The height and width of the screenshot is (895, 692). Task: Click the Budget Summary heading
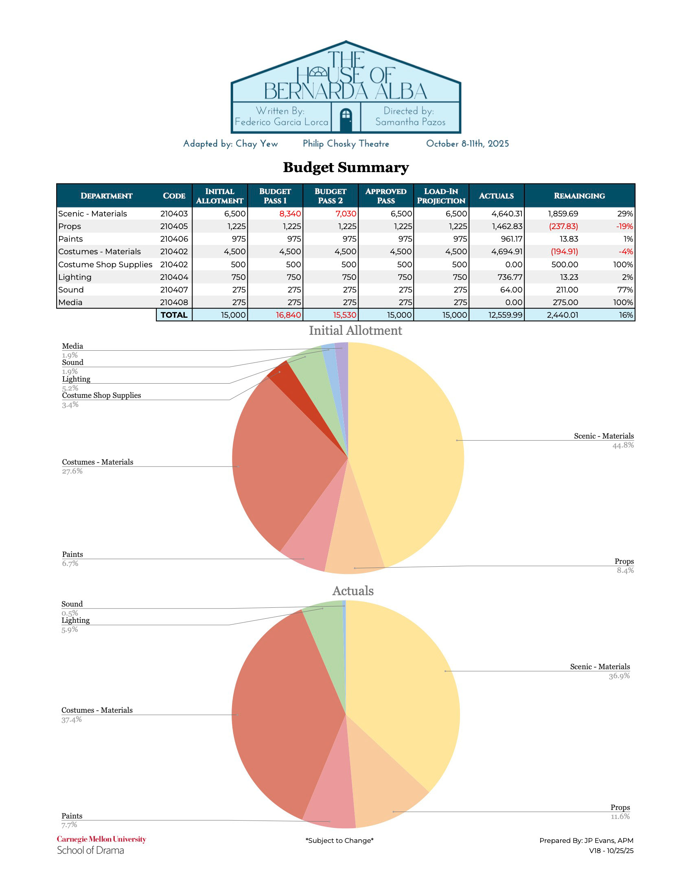click(x=346, y=167)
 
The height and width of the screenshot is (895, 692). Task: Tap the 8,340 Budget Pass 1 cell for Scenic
click(x=290, y=214)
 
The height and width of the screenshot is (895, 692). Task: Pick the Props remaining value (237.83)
click(x=563, y=226)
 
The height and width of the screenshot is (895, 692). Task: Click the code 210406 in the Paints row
click(x=174, y=239)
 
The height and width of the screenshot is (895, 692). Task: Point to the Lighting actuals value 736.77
click(x=510, y=277)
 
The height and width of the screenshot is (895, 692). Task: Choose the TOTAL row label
click(x=174, y=315)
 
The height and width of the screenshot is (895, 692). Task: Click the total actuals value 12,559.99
click(x=505, y=315)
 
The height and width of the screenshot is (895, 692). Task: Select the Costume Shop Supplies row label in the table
click(x=105, y=264)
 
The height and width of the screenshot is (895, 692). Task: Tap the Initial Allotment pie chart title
click(x=355, y=330)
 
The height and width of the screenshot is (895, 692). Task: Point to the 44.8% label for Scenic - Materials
click(x=623, y=445)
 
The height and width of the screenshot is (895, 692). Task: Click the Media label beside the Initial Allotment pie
click(x=72, y=346)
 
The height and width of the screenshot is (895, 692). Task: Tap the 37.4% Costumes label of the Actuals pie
click(x=72, y=720)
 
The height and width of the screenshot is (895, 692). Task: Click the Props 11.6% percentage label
click(x=620, y=817)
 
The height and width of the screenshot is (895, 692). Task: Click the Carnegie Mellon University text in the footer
click(x=101, y=839)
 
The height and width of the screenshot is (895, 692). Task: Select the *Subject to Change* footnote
click(x=339, y=840)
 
